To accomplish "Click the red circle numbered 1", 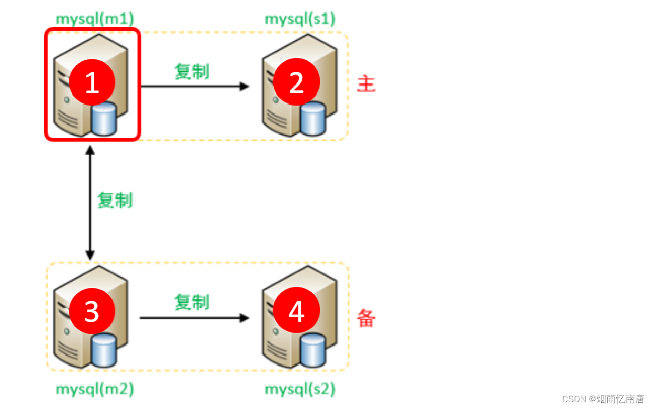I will point(92,83).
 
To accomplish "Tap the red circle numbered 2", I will point(297,83).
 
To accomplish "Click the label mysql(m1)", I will point(95,19).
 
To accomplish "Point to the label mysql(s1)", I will point(300,19).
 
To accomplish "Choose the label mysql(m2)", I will point(95,389).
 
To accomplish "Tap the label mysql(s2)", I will point(300,389).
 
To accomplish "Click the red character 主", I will point(366,84).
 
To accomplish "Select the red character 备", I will point(366,318).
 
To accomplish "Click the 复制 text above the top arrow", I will point(192,72).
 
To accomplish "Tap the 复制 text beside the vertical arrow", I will point(115,200).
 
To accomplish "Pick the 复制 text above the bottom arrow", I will point(192,302).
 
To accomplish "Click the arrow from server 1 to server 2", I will point(195,87).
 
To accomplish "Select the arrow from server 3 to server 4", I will point(195,318).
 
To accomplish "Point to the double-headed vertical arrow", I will point(90,204).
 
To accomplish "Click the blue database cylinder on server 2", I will point(313,119).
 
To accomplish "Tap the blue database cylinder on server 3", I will point(104,349).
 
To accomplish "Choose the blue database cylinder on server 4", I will point(313,349).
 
